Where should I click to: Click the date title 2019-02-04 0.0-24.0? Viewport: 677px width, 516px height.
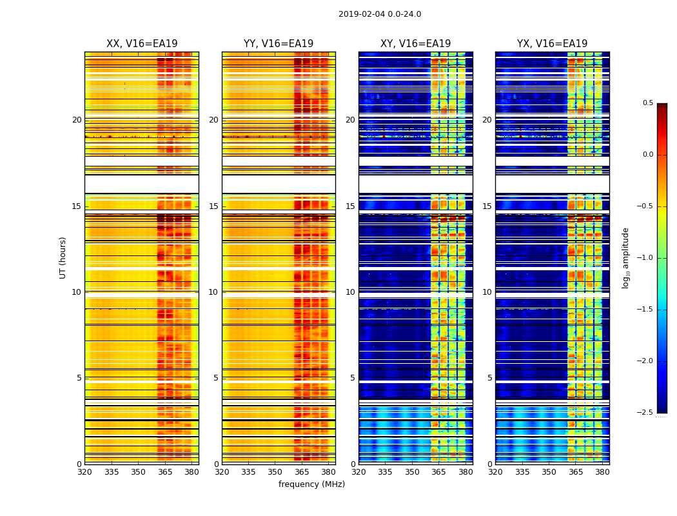pos(380,14)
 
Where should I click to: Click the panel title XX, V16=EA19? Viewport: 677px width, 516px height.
pos(142,44)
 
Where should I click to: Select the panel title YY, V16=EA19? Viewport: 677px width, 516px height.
pos(279,44)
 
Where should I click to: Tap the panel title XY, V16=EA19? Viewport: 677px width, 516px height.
pos(415,44)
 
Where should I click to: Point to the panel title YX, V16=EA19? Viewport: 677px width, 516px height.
pos(552,44)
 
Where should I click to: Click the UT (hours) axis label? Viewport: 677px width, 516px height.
pos(63,257)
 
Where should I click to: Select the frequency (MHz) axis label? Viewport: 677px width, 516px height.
pos(311,484)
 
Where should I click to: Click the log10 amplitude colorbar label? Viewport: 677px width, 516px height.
pos(625,257)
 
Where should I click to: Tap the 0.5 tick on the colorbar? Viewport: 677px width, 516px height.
pos(647,103)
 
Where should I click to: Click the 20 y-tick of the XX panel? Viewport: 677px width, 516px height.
pos(77,120)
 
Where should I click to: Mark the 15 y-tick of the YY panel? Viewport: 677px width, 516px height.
pos(214,206)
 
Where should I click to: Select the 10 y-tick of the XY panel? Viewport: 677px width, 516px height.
pos(351,292)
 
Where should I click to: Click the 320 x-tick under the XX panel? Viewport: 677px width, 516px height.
pos(84,471)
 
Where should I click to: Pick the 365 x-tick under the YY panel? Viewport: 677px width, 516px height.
pos(302,471)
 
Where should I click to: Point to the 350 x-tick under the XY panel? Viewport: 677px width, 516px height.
pos(412,471)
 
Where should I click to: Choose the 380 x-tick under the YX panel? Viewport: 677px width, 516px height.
pos(602,471)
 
